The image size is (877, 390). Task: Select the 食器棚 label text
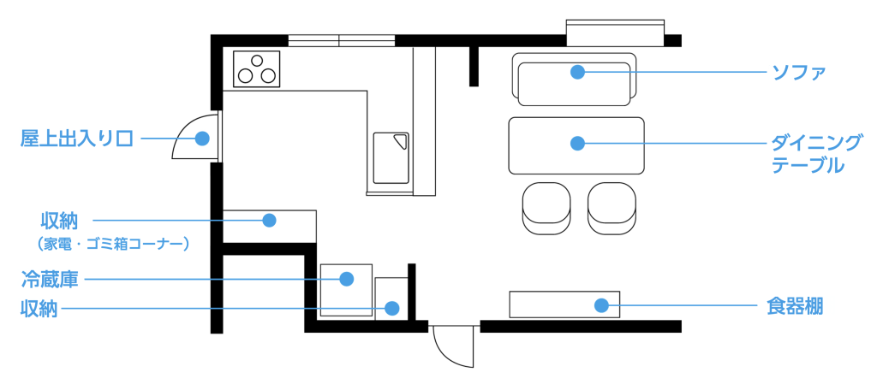(x=795, y=305)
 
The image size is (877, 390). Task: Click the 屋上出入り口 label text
(x=77, y=138)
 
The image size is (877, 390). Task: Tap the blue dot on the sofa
(x=577, y=72)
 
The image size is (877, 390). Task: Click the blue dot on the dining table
(x=577, y=143)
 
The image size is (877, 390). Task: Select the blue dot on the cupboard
(x=602, y=305)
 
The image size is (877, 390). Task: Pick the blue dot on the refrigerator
(x=346, y=279)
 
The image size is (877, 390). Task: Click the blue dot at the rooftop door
(x=202, y=138)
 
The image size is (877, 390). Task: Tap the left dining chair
(x=546, y=208)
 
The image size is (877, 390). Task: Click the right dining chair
(x=612, y=208)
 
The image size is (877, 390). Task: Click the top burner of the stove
(x=256, y=61)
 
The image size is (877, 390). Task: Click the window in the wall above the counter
(x=341, y=39)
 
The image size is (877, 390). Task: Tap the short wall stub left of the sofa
(x=474, y=66)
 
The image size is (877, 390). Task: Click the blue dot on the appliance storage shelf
(x=269, y=220)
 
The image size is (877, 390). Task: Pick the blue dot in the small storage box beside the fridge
(x=392, y=308)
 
